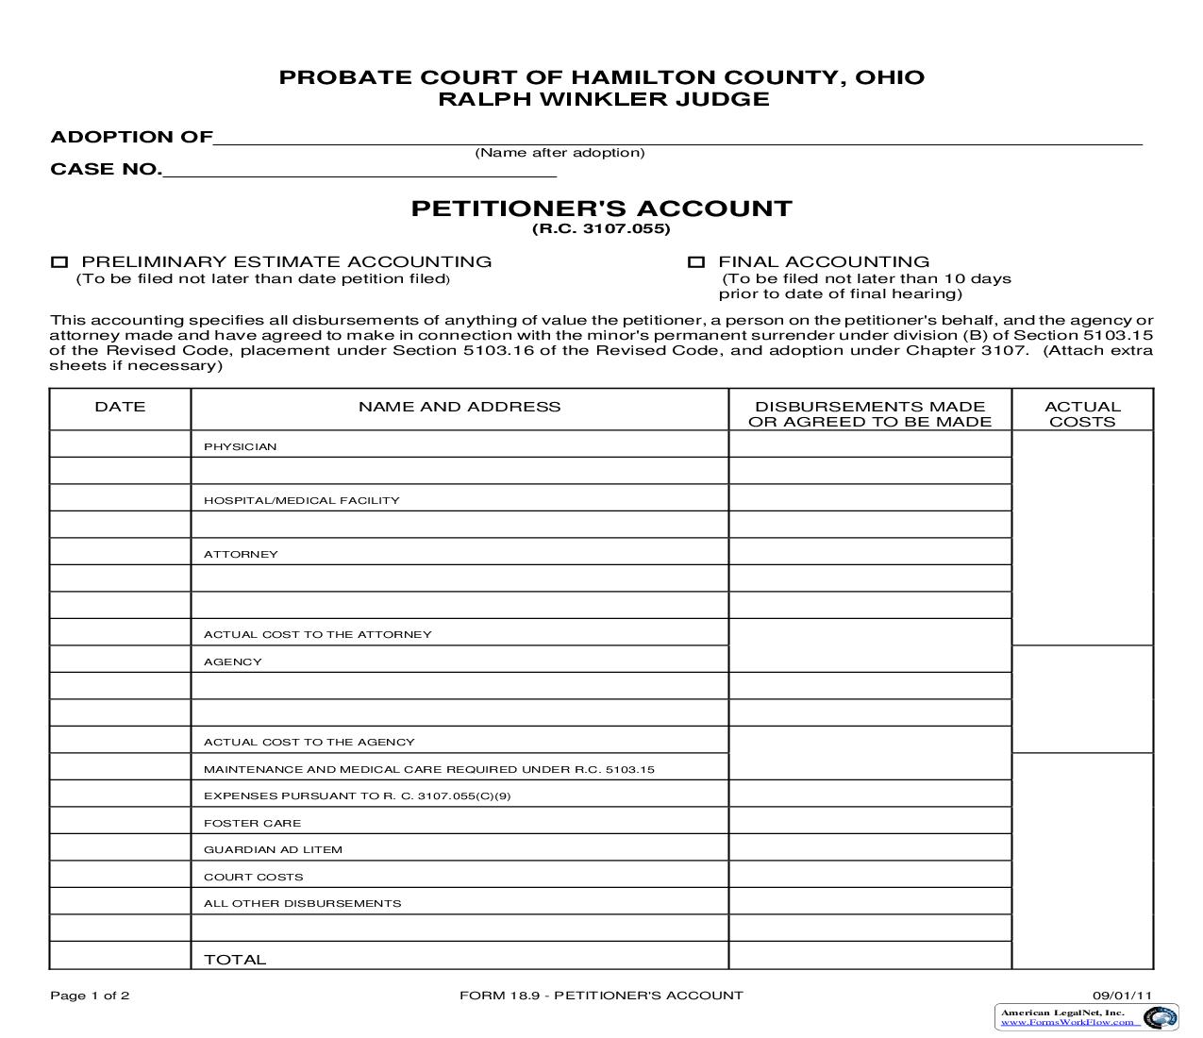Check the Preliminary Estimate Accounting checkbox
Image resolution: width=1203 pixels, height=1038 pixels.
click(x=59, y=262)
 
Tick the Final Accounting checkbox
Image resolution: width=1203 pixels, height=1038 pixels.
click(x=696, y=262)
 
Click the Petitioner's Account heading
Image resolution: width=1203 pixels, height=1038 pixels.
click(x=601, y=209)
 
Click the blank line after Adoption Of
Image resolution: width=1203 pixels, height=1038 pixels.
click(x=677, y=138)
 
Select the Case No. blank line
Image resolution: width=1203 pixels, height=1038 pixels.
click(x=359, y=170)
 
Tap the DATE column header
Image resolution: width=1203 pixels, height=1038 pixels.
click(x=120, y=407)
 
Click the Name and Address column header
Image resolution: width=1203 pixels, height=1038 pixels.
click(x=459, y=407)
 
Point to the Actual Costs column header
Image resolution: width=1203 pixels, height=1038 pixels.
click(x=1082, y=414)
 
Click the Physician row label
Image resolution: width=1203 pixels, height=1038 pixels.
click(x=241, y=446)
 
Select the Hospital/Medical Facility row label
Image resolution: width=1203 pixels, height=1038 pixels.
click(x=302, y=500)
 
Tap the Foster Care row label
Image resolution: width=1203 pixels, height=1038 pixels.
click(x=253, y=823)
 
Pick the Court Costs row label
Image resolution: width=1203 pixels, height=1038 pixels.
click(x=254, y=877)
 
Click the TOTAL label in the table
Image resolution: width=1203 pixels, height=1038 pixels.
click(x=235, y=959)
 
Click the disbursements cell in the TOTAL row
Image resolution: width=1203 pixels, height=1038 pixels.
click(x=870, y=955)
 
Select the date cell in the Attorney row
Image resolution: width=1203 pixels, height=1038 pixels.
click(x=120, y=551)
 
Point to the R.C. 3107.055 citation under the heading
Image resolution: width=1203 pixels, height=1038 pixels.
click(x=601, y=229)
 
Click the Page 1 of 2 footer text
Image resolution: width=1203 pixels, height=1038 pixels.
click(x=90, y=995)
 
